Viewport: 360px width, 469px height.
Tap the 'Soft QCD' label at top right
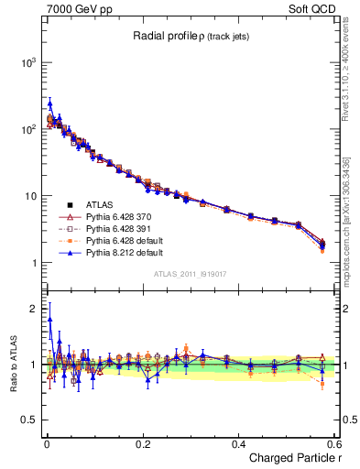314,7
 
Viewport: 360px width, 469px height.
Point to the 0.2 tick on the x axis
142,443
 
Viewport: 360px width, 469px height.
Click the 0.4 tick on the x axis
238,443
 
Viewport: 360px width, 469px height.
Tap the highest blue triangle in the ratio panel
49,319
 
